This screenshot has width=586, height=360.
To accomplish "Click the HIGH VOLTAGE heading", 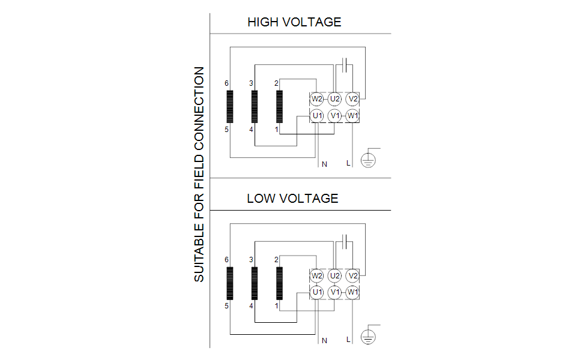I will (x=294, y=22).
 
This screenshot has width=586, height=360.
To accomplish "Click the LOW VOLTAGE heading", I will (x=292, y=198).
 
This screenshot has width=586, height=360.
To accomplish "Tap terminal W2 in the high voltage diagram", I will (x=317, y=98).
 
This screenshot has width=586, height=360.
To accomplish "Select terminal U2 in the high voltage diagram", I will (x=335, y=98).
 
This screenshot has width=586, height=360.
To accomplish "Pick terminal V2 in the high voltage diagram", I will (x=353, y=98).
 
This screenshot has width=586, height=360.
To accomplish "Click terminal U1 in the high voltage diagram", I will (x=317, y=115).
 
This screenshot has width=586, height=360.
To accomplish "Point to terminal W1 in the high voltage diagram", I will (x=353, y=115).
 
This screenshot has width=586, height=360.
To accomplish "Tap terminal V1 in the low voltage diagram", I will (x=335, y=292).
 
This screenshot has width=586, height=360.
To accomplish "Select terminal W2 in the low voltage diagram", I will (x=317, y=275).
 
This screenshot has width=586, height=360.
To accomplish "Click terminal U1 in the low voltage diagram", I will (x=317, y=292).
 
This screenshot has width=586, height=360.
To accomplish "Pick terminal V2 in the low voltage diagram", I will (x=353, y=275).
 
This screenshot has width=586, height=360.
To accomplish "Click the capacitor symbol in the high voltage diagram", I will (x=344, y=64).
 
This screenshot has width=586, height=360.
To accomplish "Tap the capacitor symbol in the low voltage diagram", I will (x=344, y=241).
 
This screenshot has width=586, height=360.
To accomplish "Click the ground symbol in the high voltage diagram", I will (x=368, y=160).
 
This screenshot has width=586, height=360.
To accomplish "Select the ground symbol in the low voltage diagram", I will (x=368, y=337).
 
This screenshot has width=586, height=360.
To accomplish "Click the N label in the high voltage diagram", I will (x=324, y=164).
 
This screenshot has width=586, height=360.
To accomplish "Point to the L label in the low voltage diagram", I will (x=348, y=340).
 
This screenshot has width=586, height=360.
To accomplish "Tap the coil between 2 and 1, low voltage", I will (x=279, y=283).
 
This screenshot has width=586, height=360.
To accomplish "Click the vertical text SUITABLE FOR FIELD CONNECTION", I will (x=199, y=174).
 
